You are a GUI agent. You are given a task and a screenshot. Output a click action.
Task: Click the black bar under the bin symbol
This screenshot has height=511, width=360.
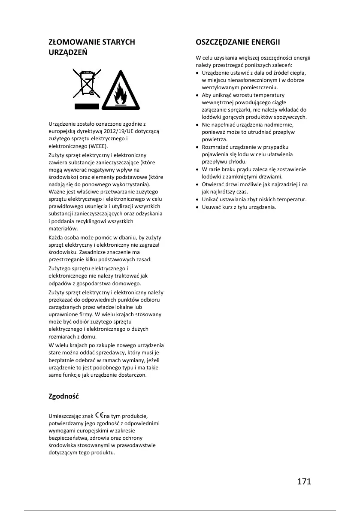point(86,106)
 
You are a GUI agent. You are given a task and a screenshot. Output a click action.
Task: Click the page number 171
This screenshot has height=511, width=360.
point(303,481)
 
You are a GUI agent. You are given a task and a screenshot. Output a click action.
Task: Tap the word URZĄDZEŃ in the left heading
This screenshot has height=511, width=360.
point(68,52)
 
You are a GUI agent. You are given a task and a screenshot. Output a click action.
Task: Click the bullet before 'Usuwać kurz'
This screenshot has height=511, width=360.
point(197,207)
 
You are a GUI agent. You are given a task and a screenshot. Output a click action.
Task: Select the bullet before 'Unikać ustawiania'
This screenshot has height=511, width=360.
point(197,200)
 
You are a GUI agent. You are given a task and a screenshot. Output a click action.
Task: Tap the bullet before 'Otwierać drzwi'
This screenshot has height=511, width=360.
point(197,184)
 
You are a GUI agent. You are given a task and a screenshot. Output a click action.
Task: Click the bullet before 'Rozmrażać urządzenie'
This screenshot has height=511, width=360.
point(197,147)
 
